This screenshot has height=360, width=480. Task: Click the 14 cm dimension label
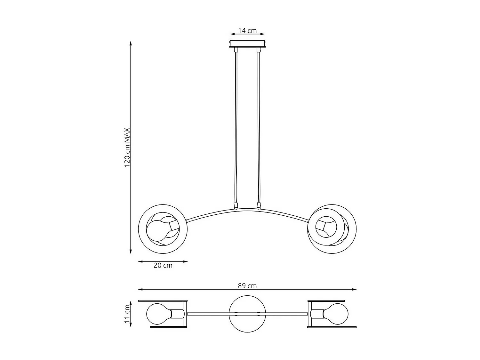coord(247,31)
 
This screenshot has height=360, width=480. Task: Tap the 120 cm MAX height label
coord(127,147)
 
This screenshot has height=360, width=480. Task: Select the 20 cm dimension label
coord(163,266)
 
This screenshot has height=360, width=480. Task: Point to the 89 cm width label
coord(247,286)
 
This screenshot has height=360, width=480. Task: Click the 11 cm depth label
coord(127,314)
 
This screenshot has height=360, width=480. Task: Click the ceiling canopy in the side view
coord(247,44)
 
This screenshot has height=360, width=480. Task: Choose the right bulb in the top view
coord(336,314)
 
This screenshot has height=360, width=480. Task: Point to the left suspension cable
coord(236,128)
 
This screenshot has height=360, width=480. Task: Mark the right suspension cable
coord(258,128)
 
